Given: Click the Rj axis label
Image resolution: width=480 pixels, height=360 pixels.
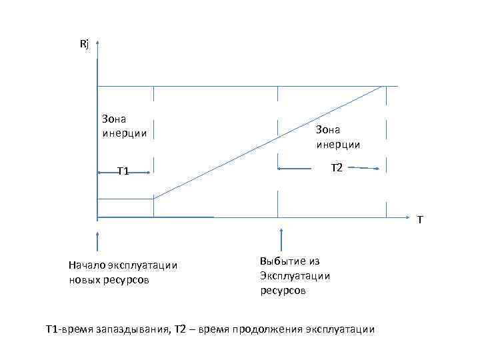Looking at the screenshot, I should pyautogui.click(x=84, y=45).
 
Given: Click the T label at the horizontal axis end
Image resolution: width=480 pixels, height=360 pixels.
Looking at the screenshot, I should pyautogui.click(x=419, y=220).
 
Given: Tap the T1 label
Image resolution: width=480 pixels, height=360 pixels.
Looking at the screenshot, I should pyautogui.click(x=123, y=172).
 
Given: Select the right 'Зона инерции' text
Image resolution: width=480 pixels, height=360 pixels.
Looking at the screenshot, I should pyautogui.click(x=338, y=137).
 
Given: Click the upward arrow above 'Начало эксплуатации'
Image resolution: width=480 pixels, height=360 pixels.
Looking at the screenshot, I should pyautogui.click(x=97, y=241).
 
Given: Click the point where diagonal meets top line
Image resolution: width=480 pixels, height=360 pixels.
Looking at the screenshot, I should pyautogui.click(x=383, y=86).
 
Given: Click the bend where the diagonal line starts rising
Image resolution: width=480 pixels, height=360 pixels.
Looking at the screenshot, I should pyautogui.click(x=154, y=199).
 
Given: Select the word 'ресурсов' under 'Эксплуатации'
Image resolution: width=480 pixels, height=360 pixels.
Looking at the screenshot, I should pyautogui.click(x=283, y=291).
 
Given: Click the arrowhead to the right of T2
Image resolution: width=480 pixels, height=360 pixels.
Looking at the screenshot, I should pyautogui.click(x=378, y=169).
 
